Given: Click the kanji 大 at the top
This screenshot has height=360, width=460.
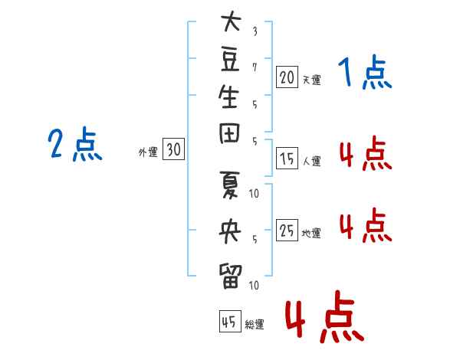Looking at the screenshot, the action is (x=231, y=21).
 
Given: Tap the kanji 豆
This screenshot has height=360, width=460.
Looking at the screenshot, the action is (x=230, y=60).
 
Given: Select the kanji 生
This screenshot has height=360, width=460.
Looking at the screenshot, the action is (x=228, y=97).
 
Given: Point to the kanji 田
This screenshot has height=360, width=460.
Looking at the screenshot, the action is (x=229, y=133).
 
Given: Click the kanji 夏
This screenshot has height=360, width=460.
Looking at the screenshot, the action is (x=229, y=185).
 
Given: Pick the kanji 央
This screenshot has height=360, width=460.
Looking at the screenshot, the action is (x=230, y=231).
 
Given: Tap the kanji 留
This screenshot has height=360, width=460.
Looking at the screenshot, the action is (x=230, y=277).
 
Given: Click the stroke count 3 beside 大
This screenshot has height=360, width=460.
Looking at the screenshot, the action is (x=255, y=31).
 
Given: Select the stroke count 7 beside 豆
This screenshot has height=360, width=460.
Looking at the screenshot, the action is (x=255, y=67).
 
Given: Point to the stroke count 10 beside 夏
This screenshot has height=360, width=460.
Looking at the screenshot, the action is (x=254, y=194).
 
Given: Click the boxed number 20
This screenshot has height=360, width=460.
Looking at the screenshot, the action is (x=287, y=77).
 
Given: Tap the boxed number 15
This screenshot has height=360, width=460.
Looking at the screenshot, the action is (x=287, y=158).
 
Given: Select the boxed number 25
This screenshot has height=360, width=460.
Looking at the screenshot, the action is (x=287, y=230).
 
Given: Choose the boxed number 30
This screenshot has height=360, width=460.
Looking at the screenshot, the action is (x=174, y=149).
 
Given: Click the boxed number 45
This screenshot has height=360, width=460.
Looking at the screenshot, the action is (x=230, y=321).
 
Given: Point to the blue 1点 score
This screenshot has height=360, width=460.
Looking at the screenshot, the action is (x=365, y=72).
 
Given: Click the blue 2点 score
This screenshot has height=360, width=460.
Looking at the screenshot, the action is (x=75, y=144).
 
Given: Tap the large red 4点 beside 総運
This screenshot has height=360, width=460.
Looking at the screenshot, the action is (x=325, y=316).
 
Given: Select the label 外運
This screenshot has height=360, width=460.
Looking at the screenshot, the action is (x=148, y=152).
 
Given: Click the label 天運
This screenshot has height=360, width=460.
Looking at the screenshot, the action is (x=312, y=80).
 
